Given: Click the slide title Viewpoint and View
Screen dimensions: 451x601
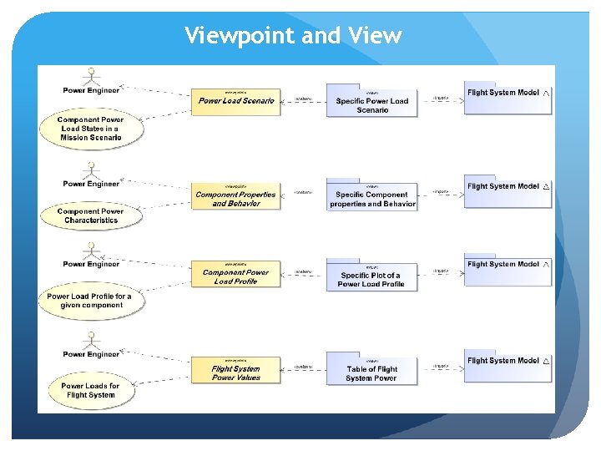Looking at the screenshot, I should pyautogui.click(x=293, y=36).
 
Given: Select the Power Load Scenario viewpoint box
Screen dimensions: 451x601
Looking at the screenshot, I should pyautogui.click(x=236, y=100).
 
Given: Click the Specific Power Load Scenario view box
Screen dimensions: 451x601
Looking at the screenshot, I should pyautogui.click(x=371, y=101).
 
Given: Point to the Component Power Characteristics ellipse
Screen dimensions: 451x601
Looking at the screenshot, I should pyautogui.click(x=91, y=215).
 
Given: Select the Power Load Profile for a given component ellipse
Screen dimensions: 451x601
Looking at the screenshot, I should pyautogui.click(x=89, y=301).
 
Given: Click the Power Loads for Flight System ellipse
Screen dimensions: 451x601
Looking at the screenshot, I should pyautogui.click(x=90, y=391).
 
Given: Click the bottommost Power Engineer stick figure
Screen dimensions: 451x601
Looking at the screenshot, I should pyautogui.click(x=91, y=340).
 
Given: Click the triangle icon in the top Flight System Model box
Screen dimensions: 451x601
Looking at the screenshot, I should pyautogui.click(x=546, y=93).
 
